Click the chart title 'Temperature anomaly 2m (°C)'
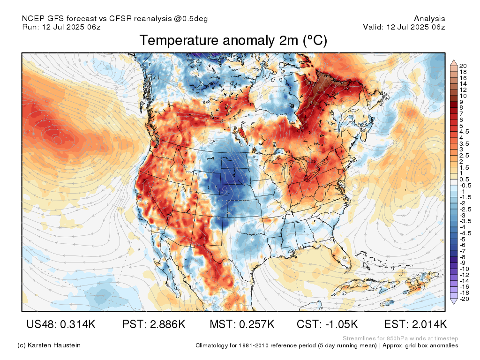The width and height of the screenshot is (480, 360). (x=233, y=40)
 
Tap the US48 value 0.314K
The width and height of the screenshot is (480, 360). (x=78, y=324)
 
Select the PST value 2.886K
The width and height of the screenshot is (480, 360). (x=167, y=324)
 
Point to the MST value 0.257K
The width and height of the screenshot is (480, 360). (x=256, y=324)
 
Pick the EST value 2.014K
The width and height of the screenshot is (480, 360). (x=429, y=324)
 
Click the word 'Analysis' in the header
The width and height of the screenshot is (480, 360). (x=429, y=19)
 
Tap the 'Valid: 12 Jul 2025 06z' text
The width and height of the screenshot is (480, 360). (x=404, y=27)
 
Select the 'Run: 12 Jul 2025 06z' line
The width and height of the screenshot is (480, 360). (x=61, y=27)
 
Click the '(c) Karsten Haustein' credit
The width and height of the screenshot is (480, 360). (x=49, y=345)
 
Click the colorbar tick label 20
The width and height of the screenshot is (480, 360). (x=463, y=66)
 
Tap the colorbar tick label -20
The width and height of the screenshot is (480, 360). (x=464, y=299)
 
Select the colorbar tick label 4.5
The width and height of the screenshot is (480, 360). (x=464, y=132)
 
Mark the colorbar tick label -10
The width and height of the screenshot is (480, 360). (x=464, y=269)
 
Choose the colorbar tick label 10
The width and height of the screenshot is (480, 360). (x=463, y=96)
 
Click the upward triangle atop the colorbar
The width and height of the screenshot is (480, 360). (x=454, y=63)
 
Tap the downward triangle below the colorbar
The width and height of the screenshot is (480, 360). (x=454, y=301)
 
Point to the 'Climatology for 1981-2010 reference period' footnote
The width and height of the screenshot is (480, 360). (x=286, y=345)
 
